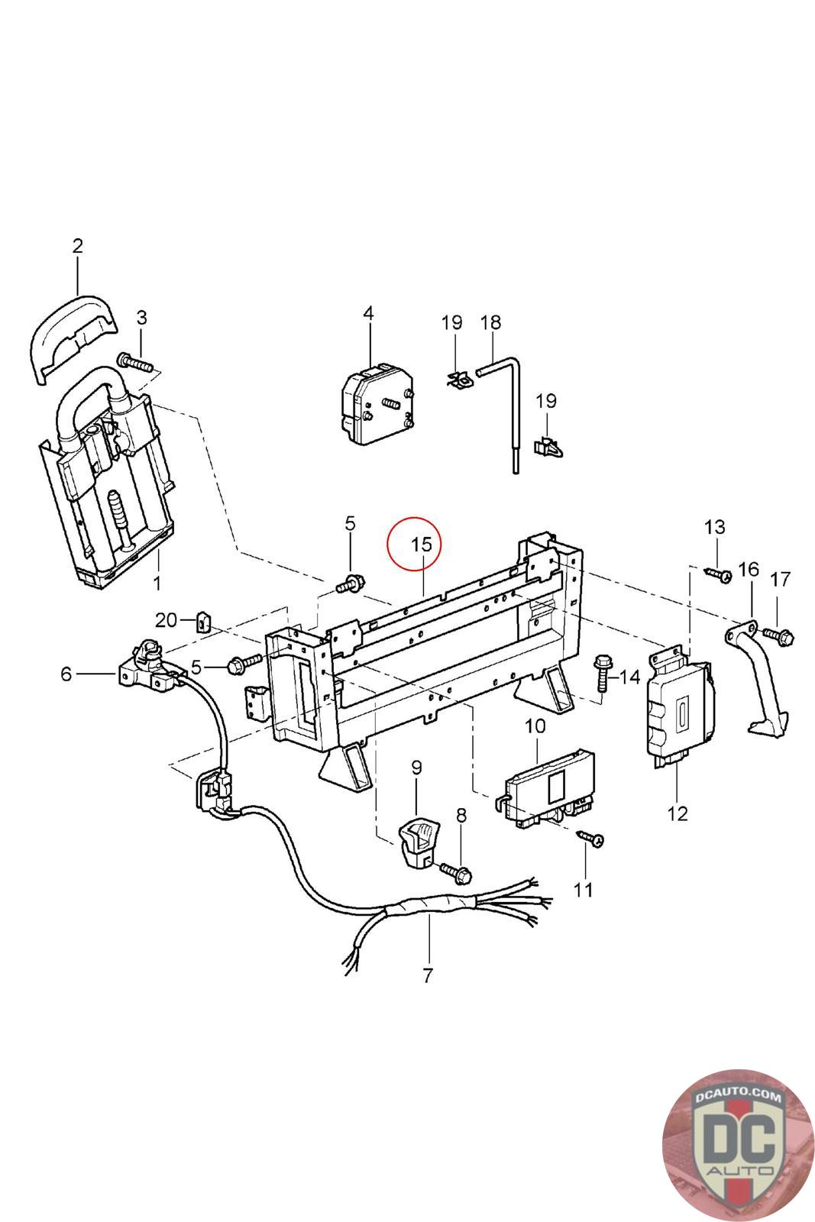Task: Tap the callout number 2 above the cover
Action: click(x=77, y=246)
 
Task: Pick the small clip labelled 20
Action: click(x=204, y=622)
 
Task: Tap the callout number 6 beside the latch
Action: click(x=66, y=674)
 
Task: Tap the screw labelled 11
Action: click(x=590, y=838)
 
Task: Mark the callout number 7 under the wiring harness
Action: click(x=427, y=975)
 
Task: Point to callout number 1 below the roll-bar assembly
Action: click(x=157, y=585)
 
